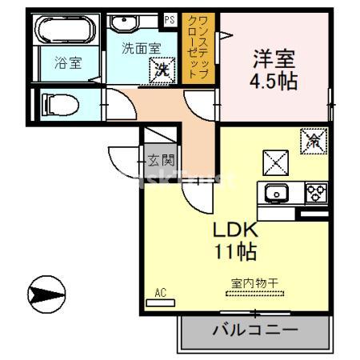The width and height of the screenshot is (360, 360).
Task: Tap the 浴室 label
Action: (67, 63)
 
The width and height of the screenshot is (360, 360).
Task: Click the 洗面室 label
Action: (141, 47)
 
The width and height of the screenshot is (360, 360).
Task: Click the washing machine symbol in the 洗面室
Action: (163, 70)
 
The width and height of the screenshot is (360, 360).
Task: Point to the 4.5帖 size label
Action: (274, 81)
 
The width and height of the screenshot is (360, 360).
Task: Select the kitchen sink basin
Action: (278, 193)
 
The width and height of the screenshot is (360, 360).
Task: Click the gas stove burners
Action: (314, 193)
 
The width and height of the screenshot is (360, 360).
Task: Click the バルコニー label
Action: (255, 330)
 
